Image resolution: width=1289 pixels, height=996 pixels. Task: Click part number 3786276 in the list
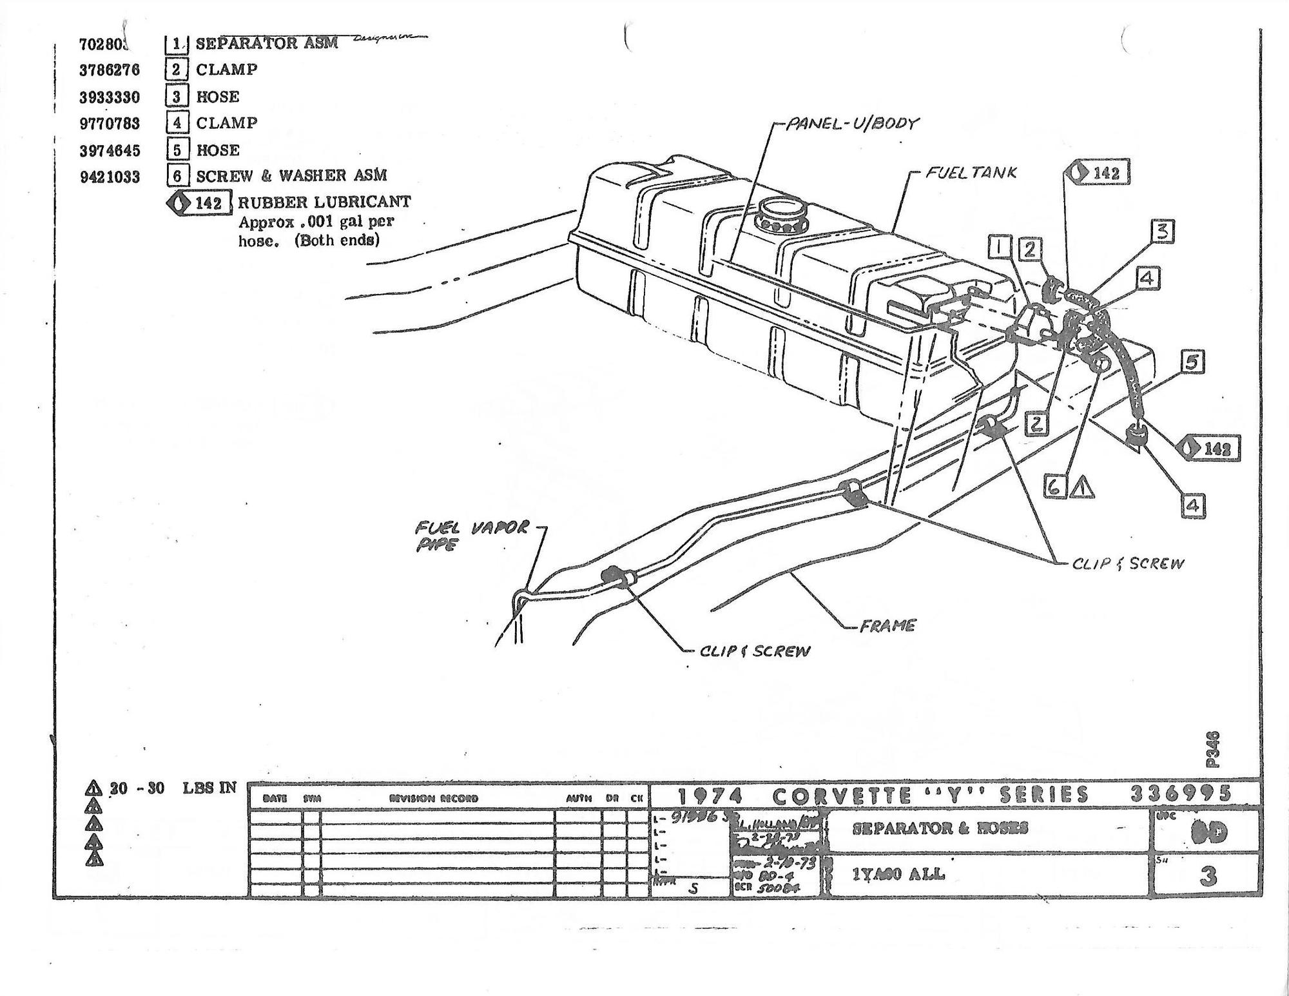110,70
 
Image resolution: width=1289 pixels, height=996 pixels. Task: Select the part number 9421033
110,177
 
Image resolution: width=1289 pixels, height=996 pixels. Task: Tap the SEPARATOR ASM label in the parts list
266,43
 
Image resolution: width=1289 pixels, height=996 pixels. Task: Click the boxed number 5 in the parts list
177,150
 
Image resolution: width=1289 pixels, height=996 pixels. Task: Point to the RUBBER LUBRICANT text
324,202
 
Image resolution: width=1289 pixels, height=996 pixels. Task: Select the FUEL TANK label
971,173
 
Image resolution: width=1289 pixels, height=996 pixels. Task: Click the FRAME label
887,625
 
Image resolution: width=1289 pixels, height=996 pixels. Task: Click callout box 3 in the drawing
1162,231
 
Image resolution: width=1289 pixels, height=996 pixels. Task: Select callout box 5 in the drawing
1192,362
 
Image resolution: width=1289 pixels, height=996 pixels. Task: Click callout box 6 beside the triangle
1054,487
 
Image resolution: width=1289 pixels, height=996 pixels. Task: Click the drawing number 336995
1181,793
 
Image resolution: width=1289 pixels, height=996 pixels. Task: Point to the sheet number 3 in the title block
1208,876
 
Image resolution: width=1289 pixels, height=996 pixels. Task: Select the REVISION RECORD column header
434,798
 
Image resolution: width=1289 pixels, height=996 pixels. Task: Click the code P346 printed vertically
1212,749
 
